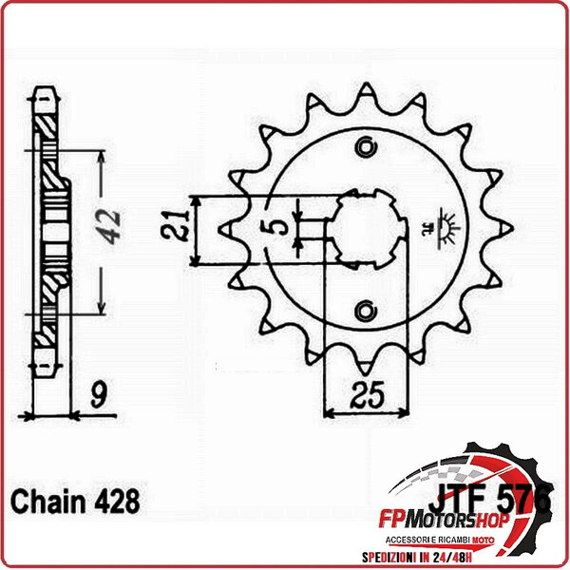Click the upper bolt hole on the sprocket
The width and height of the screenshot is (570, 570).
click(366, 147)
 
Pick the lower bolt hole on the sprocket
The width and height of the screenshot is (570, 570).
click(366, 309)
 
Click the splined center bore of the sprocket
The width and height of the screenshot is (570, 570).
click(366, 228)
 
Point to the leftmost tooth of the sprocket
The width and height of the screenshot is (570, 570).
click(226, 228)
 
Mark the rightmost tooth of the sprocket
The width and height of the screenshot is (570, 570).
click(506, 228)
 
